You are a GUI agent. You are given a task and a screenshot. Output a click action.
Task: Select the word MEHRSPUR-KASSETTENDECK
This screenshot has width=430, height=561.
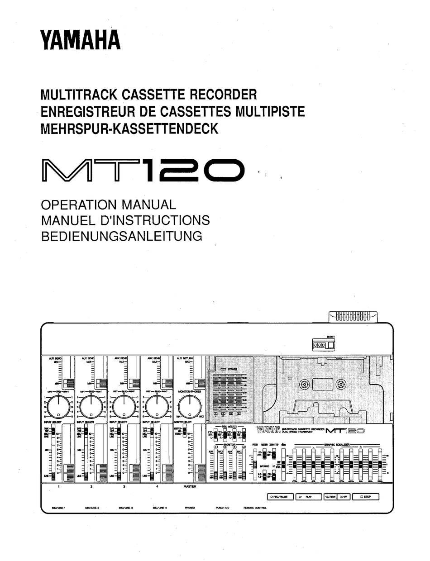129,128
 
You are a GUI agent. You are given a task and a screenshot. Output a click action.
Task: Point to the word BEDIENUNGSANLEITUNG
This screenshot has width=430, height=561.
121,236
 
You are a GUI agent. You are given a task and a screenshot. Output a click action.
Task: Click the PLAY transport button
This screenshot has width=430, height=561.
307,497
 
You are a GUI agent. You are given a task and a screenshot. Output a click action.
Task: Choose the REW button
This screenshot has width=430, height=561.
330,497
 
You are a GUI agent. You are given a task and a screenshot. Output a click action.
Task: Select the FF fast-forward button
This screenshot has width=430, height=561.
344,497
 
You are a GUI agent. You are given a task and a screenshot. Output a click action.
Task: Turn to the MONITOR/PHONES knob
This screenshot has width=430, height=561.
190,406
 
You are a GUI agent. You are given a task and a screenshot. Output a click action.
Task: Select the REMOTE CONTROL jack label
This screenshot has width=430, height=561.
255,508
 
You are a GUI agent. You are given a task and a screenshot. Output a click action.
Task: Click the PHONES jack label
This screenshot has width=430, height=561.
190,508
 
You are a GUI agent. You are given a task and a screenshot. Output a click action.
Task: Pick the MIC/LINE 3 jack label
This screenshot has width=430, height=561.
125,508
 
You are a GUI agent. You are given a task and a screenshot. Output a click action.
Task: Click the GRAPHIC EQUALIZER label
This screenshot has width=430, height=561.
336,445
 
